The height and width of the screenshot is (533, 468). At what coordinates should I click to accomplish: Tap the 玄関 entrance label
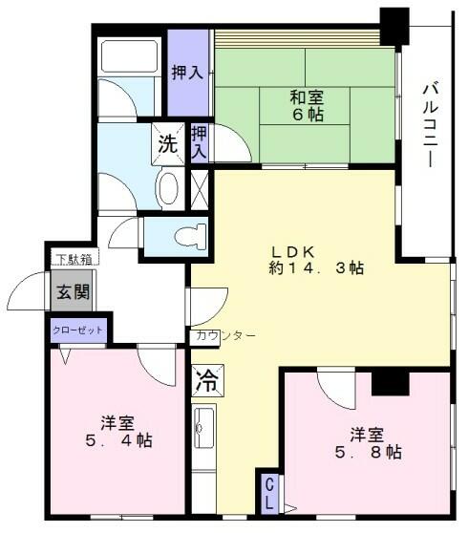pos(70,293)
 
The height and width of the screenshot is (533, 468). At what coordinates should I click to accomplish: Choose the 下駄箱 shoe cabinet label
pos(72,258)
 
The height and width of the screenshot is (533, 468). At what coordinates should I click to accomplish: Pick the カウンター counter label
pos(225,336)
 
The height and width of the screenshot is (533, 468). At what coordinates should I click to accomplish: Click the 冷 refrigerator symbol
pos(206,382)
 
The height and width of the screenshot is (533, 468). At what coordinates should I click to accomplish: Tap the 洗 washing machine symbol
pos(167,146)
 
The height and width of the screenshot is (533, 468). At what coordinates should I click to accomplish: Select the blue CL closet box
pos(270,492)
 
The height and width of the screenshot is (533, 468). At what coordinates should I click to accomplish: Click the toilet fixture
pos(185,234)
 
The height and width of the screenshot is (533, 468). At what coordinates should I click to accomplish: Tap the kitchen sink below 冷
pos(204,432)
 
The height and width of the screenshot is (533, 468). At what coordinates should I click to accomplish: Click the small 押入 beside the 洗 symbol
pos(201,143)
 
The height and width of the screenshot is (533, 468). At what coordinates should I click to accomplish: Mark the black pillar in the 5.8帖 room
pos(390,381)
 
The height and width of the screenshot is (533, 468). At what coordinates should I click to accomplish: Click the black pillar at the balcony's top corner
pos(393,26)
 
